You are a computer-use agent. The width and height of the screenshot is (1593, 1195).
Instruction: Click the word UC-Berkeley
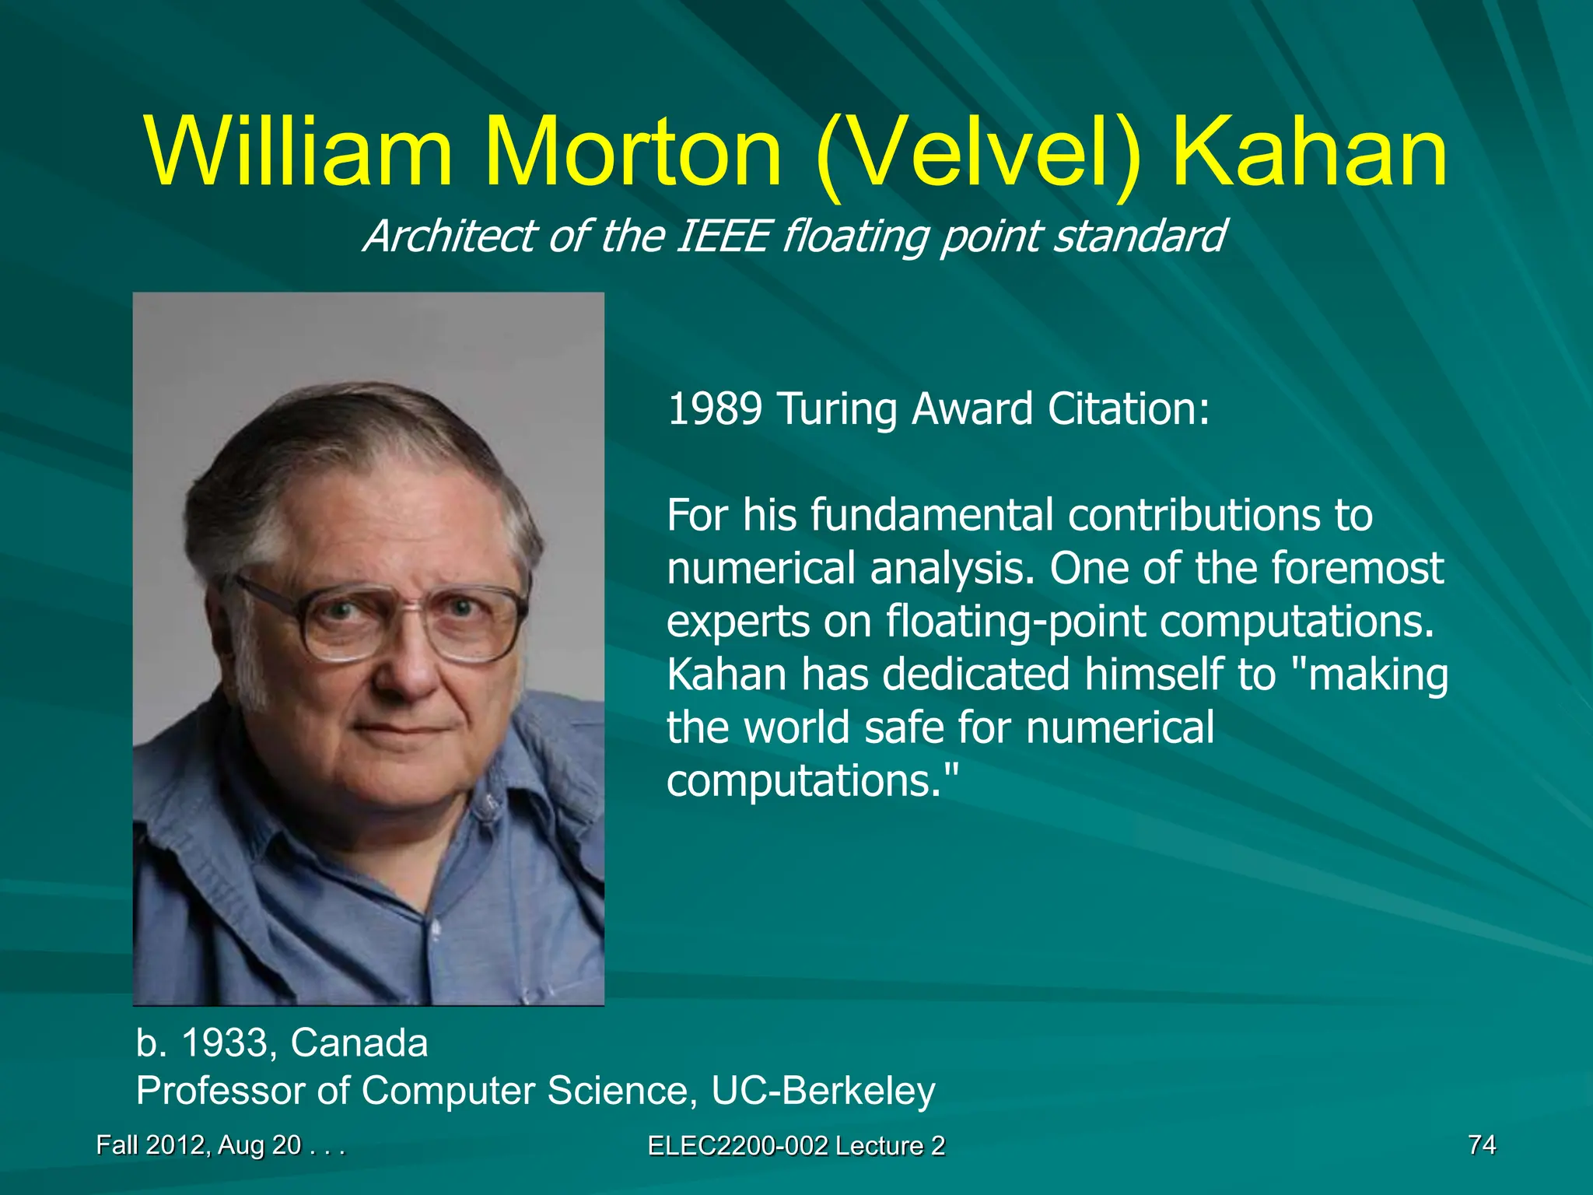(x=823, y=1091)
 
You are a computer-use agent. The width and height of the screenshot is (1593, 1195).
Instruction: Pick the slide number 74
(x=1482, y=1144)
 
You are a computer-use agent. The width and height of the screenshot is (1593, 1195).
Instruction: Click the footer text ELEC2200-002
(x=737, y=1146)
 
